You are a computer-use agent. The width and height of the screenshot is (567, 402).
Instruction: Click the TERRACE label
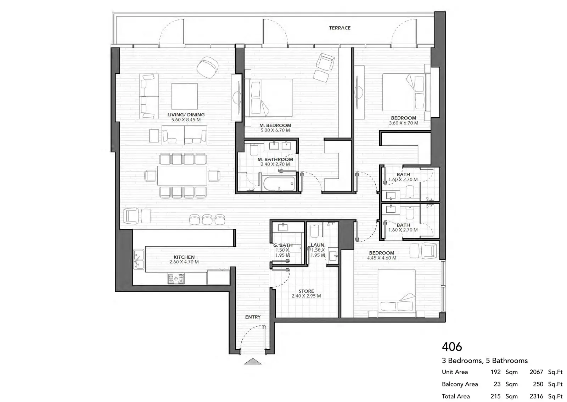pos(340,28)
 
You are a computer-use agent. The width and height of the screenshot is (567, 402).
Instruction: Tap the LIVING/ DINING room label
pos(186,115)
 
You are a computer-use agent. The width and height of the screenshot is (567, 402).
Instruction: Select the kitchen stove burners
pos(176,279)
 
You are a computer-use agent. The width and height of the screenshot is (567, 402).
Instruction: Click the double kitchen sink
pos(139,259)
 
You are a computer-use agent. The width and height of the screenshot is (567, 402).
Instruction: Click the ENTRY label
pos(253,317)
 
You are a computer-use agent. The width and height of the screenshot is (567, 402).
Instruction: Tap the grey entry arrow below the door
pos(253,361)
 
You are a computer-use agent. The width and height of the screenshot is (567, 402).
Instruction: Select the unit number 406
pos(452,347)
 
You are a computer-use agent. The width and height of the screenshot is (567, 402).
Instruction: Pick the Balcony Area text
pos(460,384)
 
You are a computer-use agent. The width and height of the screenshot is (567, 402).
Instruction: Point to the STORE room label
pos(306,291)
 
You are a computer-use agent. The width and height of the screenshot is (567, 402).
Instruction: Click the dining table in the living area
pos(182,175)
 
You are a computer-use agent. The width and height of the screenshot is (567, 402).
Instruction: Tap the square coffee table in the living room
pos(185,96)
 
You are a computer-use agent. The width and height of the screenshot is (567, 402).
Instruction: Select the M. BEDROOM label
pos(275,125)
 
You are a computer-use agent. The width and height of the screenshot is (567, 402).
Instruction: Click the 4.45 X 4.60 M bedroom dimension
pos(382,258)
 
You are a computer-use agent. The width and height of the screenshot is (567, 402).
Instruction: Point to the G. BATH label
pos(283,245)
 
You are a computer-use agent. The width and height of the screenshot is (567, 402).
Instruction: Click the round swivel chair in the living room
pos(208,67)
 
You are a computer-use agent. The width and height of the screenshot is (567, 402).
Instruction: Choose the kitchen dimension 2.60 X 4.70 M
pos(184,262)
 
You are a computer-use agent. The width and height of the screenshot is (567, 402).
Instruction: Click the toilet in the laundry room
pos(314,231)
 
